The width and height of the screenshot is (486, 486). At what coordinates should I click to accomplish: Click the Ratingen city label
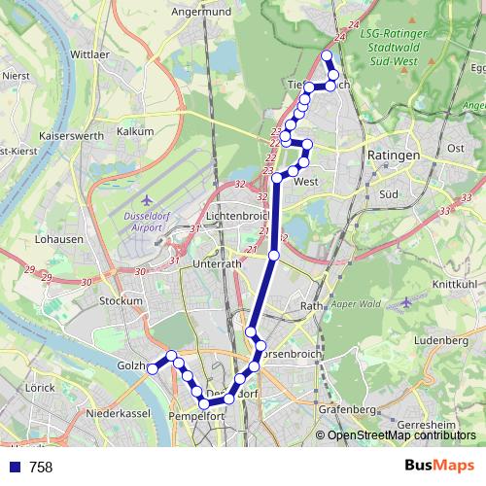tap(394, 156)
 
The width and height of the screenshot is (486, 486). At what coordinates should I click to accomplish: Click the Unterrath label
tap(218, 262)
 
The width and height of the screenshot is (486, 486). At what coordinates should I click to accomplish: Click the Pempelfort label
tap(196, 416)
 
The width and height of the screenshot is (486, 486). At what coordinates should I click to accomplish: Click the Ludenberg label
tap(440, 341)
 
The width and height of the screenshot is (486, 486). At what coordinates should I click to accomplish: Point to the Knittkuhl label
tap(451, 283)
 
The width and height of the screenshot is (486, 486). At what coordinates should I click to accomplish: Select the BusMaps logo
tap(439, 467)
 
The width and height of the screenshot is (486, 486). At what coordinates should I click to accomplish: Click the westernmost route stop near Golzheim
tap(153, 368)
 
